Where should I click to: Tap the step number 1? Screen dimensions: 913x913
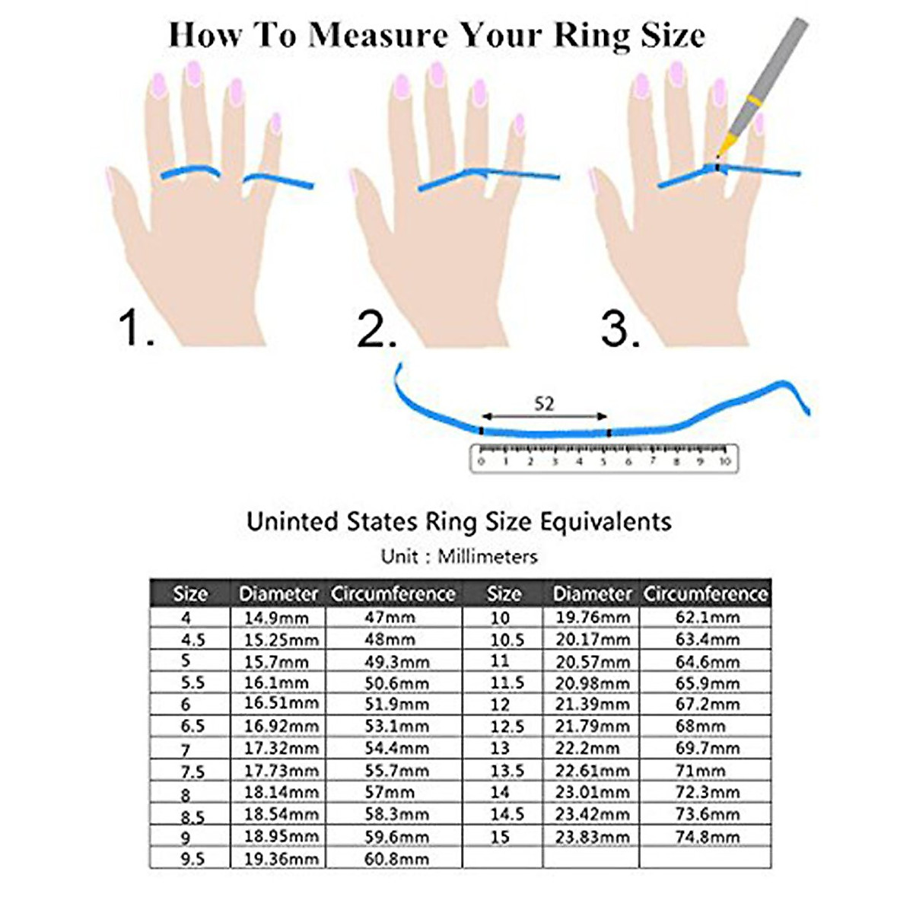click(x=136, y=328)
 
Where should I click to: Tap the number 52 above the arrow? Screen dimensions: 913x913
click(x=544, y=403)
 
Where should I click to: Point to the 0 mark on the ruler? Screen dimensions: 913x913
click(x=481, y=461)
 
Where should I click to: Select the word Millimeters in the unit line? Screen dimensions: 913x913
click(x=487, y=557)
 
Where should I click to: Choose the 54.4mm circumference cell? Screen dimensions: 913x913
click(x=396, y=749)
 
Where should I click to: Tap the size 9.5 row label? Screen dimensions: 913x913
click(x=192, y=859)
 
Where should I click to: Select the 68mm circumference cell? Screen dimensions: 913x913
click(x=700, y=727)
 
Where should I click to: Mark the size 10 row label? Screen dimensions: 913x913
click(x=500, y=617)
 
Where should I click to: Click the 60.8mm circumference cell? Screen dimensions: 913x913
click(x=396, y=859)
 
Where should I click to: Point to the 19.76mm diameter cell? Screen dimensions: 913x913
click(x=592, y=617)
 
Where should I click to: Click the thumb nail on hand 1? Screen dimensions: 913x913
click(x=109, y=180)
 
